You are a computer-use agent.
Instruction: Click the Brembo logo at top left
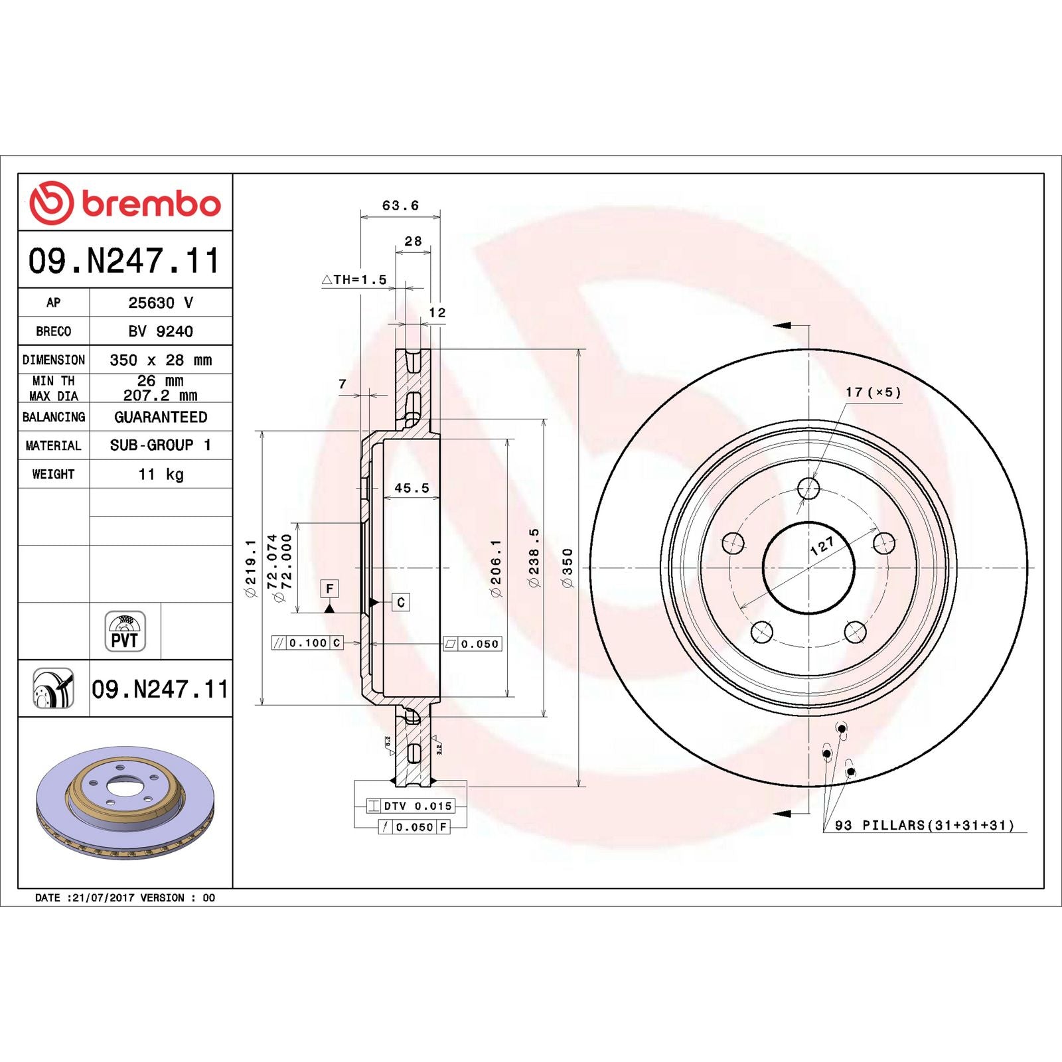point(125,203)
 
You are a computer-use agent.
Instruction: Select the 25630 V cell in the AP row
point(161,303)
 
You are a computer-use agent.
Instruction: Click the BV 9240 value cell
point(161,331)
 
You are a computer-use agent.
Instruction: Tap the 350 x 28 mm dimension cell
point(161,360)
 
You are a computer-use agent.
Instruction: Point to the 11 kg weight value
point(161,474)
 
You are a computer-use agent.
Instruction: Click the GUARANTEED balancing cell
point(161,417)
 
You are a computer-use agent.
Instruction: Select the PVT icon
point(125,631)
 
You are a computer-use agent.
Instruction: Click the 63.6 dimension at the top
point(400,206)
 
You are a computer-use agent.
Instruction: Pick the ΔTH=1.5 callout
point(354,279)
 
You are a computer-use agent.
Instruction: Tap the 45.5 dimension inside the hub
point(412,488)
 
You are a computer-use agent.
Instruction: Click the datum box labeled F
point(329,589)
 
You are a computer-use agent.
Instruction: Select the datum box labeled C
point(400,602)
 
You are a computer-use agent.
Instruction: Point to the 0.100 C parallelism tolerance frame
point(307,643)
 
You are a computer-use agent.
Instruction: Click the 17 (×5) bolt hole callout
point(873,392)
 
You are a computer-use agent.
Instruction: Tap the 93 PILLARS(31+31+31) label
point(924,825)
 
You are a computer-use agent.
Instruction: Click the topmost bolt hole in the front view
point(808,489)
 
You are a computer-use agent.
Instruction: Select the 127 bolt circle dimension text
point(822,546)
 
